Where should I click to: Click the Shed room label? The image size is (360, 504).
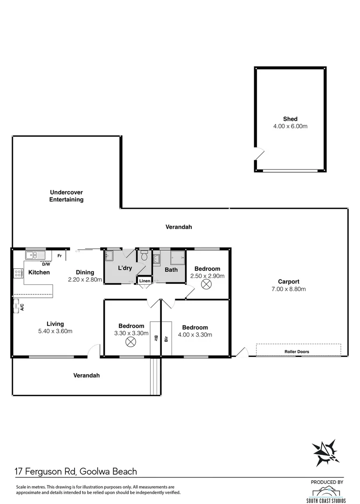pyautogui.click(x=290, y=119)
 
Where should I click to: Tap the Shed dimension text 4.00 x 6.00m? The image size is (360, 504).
pyautogui.click(x=290, y=126)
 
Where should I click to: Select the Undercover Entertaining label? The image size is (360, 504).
pyautogui.click(x=67, y=196)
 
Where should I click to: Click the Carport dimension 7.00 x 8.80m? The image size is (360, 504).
pyautogui.click(x=288, y=289)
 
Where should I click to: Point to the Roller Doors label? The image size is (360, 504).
pyautogui.click(x=297, y=351)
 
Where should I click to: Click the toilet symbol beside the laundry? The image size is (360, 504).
pyautogui.click(x=144, y=256)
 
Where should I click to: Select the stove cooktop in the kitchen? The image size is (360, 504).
pyautogui.click(x=18, y=273)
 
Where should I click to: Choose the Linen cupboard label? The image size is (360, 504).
pyautogui.click(x=144, y=281)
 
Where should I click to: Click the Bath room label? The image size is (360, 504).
pyautogui.click(x=171, y=270)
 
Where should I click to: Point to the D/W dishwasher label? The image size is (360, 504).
pyautogui.click(x=46, y=264)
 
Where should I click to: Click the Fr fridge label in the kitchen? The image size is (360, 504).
pyautogui.click(x=60, y=256)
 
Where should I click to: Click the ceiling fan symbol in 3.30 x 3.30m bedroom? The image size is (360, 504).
pyautogui.click(x=131, y=342)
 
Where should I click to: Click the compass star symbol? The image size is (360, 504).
pyautogui.click(x=325, y=452)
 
